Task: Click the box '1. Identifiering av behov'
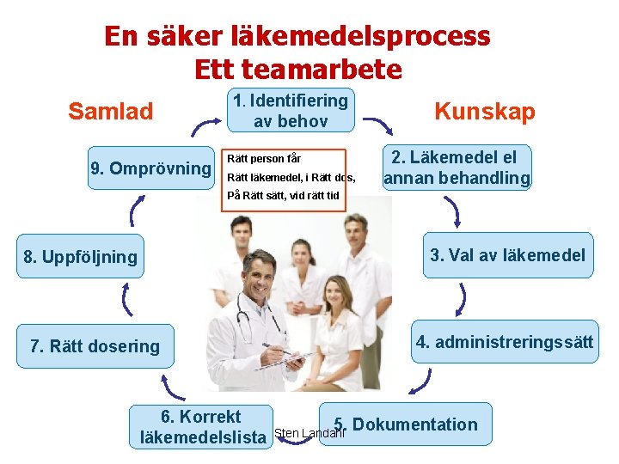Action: pyautogui.click(x=290, y=111)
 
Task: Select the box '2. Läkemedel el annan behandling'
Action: pyautogui.click(x=457, y=168)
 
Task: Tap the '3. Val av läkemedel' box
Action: pyautogui.click(x=507, y=255)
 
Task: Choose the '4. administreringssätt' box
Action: pyautogui.click(x=504, y=342)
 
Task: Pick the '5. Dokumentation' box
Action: pyautogui.click(x=406, y=424)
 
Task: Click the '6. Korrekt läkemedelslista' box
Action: pyautogui.click(x=203, y=427)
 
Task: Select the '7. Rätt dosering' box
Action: pyautogui.click(x=95, y=346)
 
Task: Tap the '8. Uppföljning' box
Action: pyautogui.click(x=81, y=257)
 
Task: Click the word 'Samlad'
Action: pyautogui.click(x=111, y=112)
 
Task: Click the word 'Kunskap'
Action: pyautogui.click(x=485, y=112)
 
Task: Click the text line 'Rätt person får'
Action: pyautogui.click(x=263, y=159)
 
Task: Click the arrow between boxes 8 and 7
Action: pyautogui.click(x=127, y=300)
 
